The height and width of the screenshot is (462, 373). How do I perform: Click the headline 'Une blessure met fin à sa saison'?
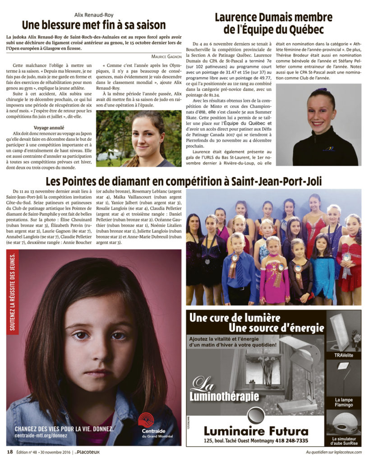(x=94, y=24)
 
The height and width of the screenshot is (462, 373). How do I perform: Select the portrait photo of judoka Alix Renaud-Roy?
(x=138, y=139)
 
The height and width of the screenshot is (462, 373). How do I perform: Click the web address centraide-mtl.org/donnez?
(x=41, y=436)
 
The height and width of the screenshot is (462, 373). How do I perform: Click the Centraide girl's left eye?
(x=119, y=336)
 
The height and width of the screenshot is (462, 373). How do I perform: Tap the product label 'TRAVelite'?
(x=343, y=356)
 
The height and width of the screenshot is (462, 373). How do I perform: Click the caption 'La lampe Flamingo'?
(x=343, y=402)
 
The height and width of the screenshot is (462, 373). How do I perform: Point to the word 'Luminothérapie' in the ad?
(x=225, y=397)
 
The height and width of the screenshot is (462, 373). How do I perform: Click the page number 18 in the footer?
(x=9, y=452)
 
